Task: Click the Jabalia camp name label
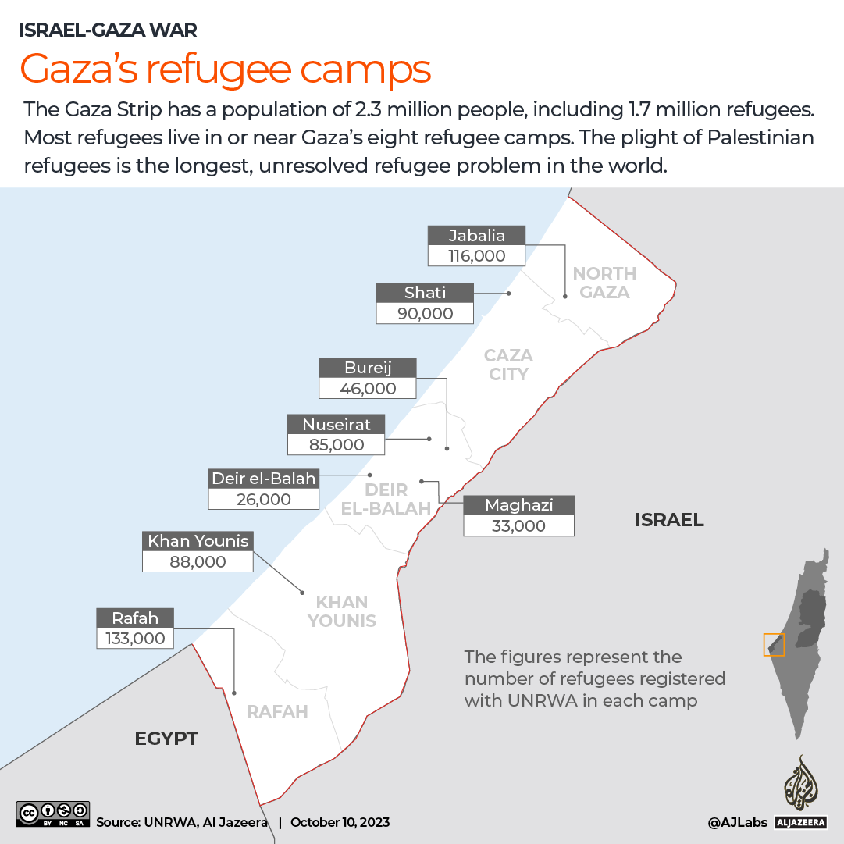476,236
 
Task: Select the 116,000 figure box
476,255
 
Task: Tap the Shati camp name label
425,293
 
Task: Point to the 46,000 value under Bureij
368,388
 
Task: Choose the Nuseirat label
337,424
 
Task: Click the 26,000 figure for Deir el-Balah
264,499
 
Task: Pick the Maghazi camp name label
518,504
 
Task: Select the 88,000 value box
198,561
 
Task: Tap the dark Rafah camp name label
135,618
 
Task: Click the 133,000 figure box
135,638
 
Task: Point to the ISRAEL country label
669,520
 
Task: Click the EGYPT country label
166,738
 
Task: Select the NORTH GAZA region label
604,283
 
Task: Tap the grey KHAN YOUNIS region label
342,611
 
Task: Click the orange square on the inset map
773,645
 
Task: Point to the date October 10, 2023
340,822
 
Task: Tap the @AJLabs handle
736,822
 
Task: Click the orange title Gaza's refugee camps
225,69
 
